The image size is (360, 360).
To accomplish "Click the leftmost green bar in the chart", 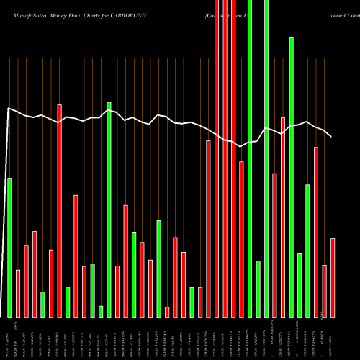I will coord(9,247).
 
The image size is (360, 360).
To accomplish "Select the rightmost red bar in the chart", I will coord(333,277).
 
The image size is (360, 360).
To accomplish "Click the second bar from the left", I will coord(18,293).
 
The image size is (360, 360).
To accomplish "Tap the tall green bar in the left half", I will coord(109,209).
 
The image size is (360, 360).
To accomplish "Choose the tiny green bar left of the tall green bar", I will coord(101,311).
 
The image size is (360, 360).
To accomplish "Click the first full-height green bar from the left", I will coord(250,158).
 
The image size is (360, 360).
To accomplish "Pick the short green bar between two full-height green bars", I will coord(258,288).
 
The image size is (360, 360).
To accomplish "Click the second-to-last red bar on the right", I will coord(325,291).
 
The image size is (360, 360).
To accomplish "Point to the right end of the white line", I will coord(331,136).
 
